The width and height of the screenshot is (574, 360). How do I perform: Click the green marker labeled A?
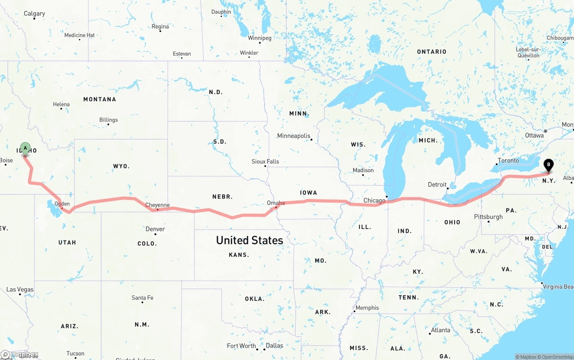click(26, 148)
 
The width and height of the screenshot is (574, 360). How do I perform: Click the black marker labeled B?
click(548, 165)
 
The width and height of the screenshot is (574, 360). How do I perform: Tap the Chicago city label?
click(374, 200)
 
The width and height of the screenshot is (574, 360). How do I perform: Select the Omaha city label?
click(276, 203)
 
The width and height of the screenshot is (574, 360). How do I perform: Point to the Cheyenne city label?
click(157, 205)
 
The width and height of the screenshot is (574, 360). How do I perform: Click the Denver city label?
click(155, 229)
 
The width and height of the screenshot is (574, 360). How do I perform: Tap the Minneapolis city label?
click(294, 136)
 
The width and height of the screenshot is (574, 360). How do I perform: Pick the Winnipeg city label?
click(260, 38)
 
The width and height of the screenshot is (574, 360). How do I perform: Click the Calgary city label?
click(35, 13)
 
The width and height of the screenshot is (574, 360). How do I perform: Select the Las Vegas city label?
click(20, 290)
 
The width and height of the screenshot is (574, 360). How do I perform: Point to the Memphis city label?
click(367, 308)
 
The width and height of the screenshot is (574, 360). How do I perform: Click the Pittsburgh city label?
click(488, 217)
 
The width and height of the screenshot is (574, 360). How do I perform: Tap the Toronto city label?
click(508, 160)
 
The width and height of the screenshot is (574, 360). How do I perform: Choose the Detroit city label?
click(437, 184)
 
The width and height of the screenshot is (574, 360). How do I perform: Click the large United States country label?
click(249, 240)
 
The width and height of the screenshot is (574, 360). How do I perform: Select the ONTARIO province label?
click(431, 52)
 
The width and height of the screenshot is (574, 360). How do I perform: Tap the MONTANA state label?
click(100, 99)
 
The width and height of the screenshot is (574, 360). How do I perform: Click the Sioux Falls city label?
click(265, 161)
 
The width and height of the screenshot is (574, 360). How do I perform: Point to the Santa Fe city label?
click(142, 298)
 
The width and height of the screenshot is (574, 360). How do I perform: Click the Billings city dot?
click(109, 125)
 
